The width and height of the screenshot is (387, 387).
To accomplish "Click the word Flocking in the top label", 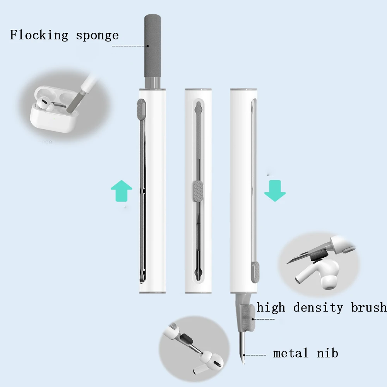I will [39, 35].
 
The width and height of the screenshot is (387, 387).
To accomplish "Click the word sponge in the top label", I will [97, 36].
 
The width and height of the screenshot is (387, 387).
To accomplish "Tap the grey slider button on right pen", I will [255, 272].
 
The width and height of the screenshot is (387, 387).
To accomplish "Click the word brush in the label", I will [370, 308].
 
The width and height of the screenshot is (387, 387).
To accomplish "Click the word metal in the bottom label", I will [291, 353].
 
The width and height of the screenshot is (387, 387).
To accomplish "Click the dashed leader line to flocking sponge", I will [130, 46].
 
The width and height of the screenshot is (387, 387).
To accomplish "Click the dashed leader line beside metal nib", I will [256, 355].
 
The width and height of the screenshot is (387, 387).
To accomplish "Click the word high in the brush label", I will [271, 308].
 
